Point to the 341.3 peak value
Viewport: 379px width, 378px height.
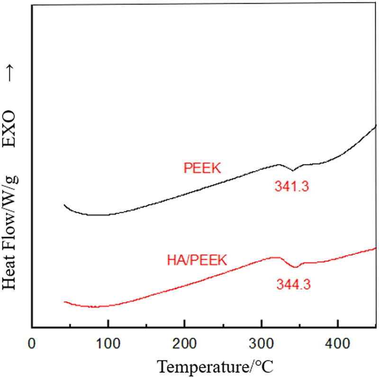(291, 187)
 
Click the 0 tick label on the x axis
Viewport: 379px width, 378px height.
(32, 342)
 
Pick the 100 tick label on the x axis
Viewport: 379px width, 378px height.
(108, 342)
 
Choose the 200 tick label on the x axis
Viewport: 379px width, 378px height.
(184, 342)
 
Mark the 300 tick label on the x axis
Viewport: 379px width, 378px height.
(261, 342)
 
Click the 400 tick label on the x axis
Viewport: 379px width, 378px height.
(337, 342)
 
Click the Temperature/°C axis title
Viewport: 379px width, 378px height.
(215, 367)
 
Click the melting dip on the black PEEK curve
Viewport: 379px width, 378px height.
(293, 170)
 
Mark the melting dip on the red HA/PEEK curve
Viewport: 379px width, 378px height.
(295, 267)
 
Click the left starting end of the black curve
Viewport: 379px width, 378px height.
(64, 205)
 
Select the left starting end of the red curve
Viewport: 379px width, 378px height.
(64, 301)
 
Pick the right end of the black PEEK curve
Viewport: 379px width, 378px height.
(376, 125)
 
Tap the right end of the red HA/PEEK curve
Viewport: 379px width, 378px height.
(376, 248)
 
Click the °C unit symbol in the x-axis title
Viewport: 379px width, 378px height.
(266, 367)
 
